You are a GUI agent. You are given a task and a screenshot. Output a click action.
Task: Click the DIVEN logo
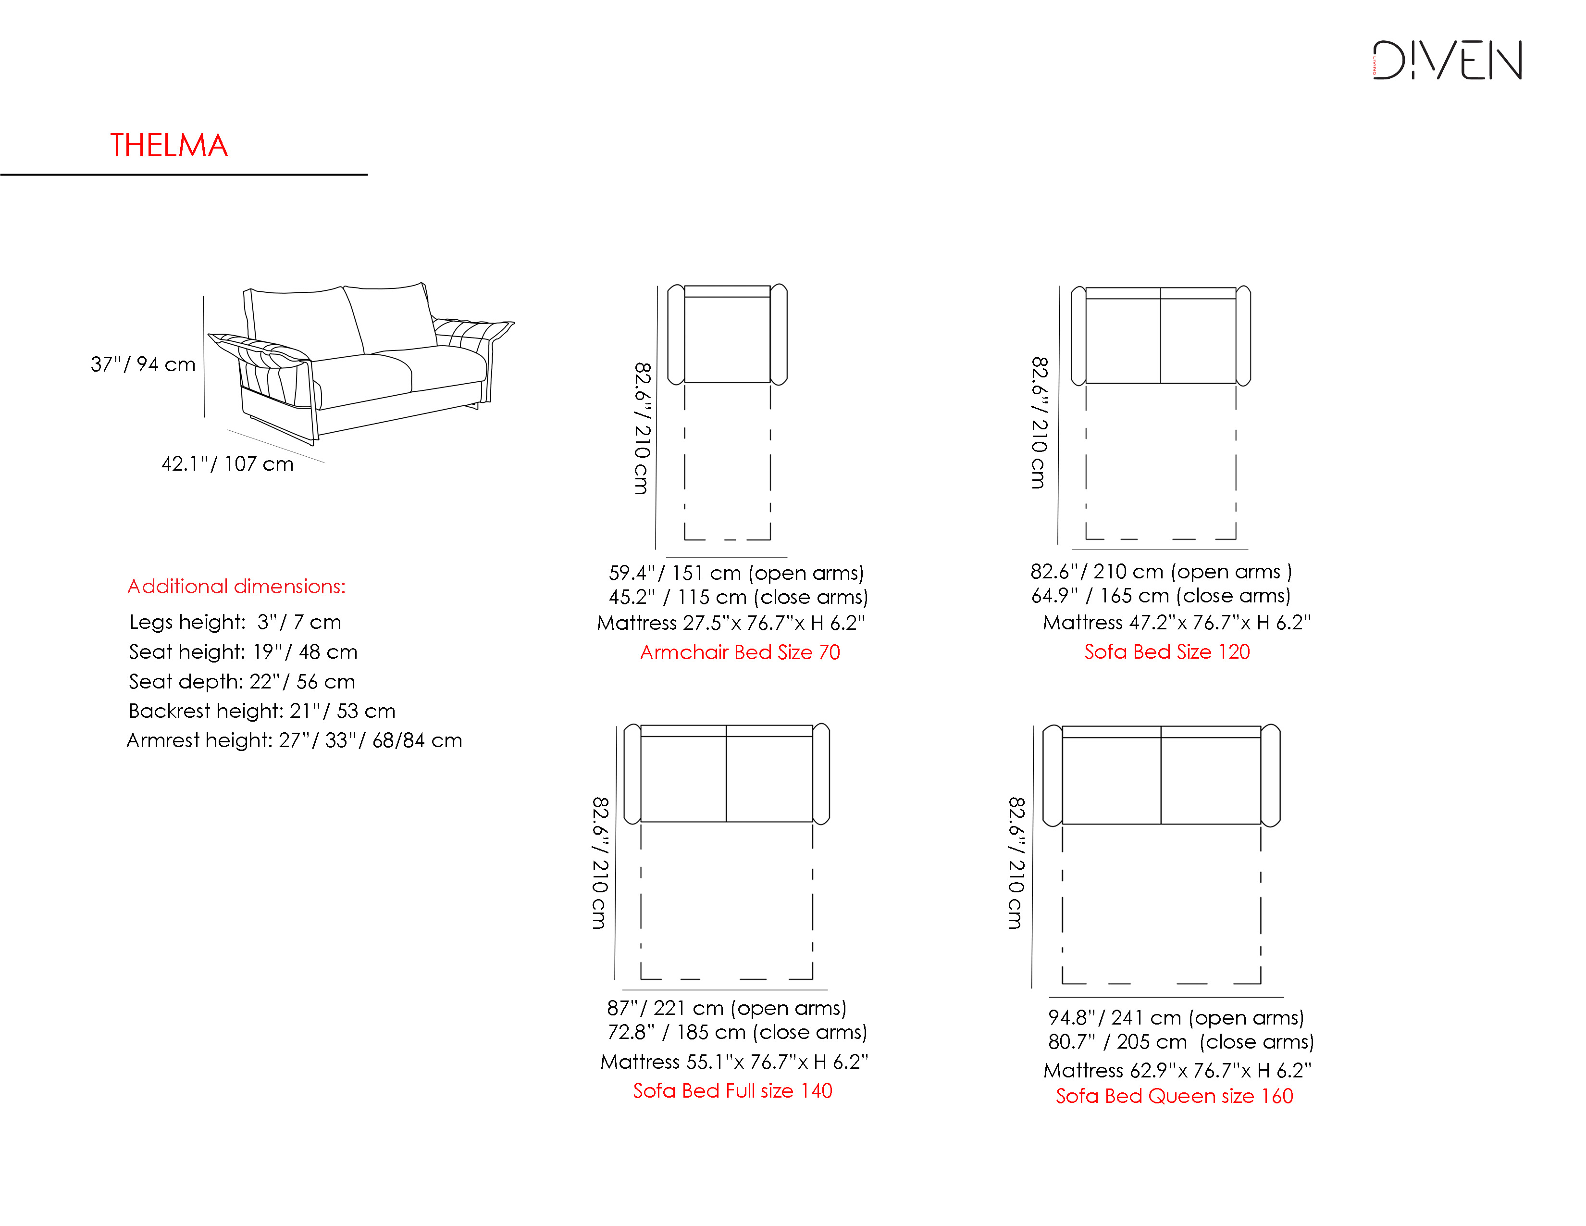point(1447,60)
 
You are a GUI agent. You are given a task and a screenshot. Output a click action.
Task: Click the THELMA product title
point(169,145)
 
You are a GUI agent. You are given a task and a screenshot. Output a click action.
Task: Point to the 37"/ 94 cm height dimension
point(143,364)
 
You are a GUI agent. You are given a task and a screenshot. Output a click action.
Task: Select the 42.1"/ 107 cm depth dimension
point(227,463)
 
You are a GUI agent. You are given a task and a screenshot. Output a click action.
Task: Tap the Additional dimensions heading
point(237,586)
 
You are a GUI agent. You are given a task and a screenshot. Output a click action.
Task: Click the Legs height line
point(235,622)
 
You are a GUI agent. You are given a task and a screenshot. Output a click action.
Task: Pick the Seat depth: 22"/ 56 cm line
point(242,681)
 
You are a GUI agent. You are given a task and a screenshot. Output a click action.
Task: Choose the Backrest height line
point(262,710)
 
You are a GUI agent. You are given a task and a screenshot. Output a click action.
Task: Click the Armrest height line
point(294,740)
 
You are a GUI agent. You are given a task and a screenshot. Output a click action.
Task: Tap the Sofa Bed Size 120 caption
point(1167,651)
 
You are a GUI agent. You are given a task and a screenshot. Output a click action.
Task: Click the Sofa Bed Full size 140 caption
point(733,1090)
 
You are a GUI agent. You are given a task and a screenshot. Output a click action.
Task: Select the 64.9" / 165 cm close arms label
point(1161,596)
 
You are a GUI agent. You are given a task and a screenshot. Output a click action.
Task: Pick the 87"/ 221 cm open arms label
point(727,1007)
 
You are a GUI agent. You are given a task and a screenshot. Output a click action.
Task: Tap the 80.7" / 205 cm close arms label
point(1181,1041)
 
